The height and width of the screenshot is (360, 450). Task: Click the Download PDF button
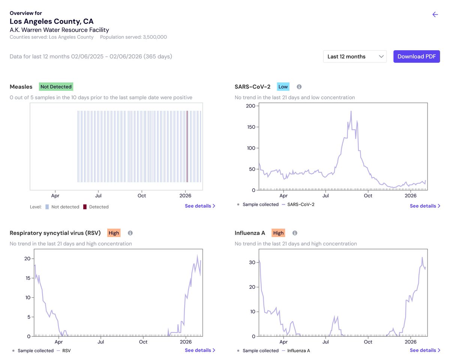416,57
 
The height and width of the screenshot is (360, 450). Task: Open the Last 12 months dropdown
355,57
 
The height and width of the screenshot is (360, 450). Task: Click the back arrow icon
435,14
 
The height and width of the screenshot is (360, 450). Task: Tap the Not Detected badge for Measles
56,87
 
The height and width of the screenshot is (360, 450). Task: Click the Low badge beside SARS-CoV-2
283,87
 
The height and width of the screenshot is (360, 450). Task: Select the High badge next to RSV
114,233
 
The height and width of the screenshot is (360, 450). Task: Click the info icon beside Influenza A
295,233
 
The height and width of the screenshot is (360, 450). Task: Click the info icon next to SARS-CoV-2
299,87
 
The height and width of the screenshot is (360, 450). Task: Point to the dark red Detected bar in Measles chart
187,146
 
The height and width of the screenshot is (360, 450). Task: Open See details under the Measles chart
200,206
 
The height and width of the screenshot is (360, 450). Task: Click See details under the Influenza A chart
425,350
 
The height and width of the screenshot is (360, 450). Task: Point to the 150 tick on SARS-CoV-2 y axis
251,127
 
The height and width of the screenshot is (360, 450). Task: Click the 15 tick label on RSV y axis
28,278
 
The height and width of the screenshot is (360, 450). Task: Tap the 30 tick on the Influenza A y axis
252,262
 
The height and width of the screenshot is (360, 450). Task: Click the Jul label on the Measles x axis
98,196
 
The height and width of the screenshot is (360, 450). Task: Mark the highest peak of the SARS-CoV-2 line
351,111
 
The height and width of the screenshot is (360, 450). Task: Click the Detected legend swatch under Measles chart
85,207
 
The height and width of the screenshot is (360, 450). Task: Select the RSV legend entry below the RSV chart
64,351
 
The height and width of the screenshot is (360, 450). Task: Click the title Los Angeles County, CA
51,21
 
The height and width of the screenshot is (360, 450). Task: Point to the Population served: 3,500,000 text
133,37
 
